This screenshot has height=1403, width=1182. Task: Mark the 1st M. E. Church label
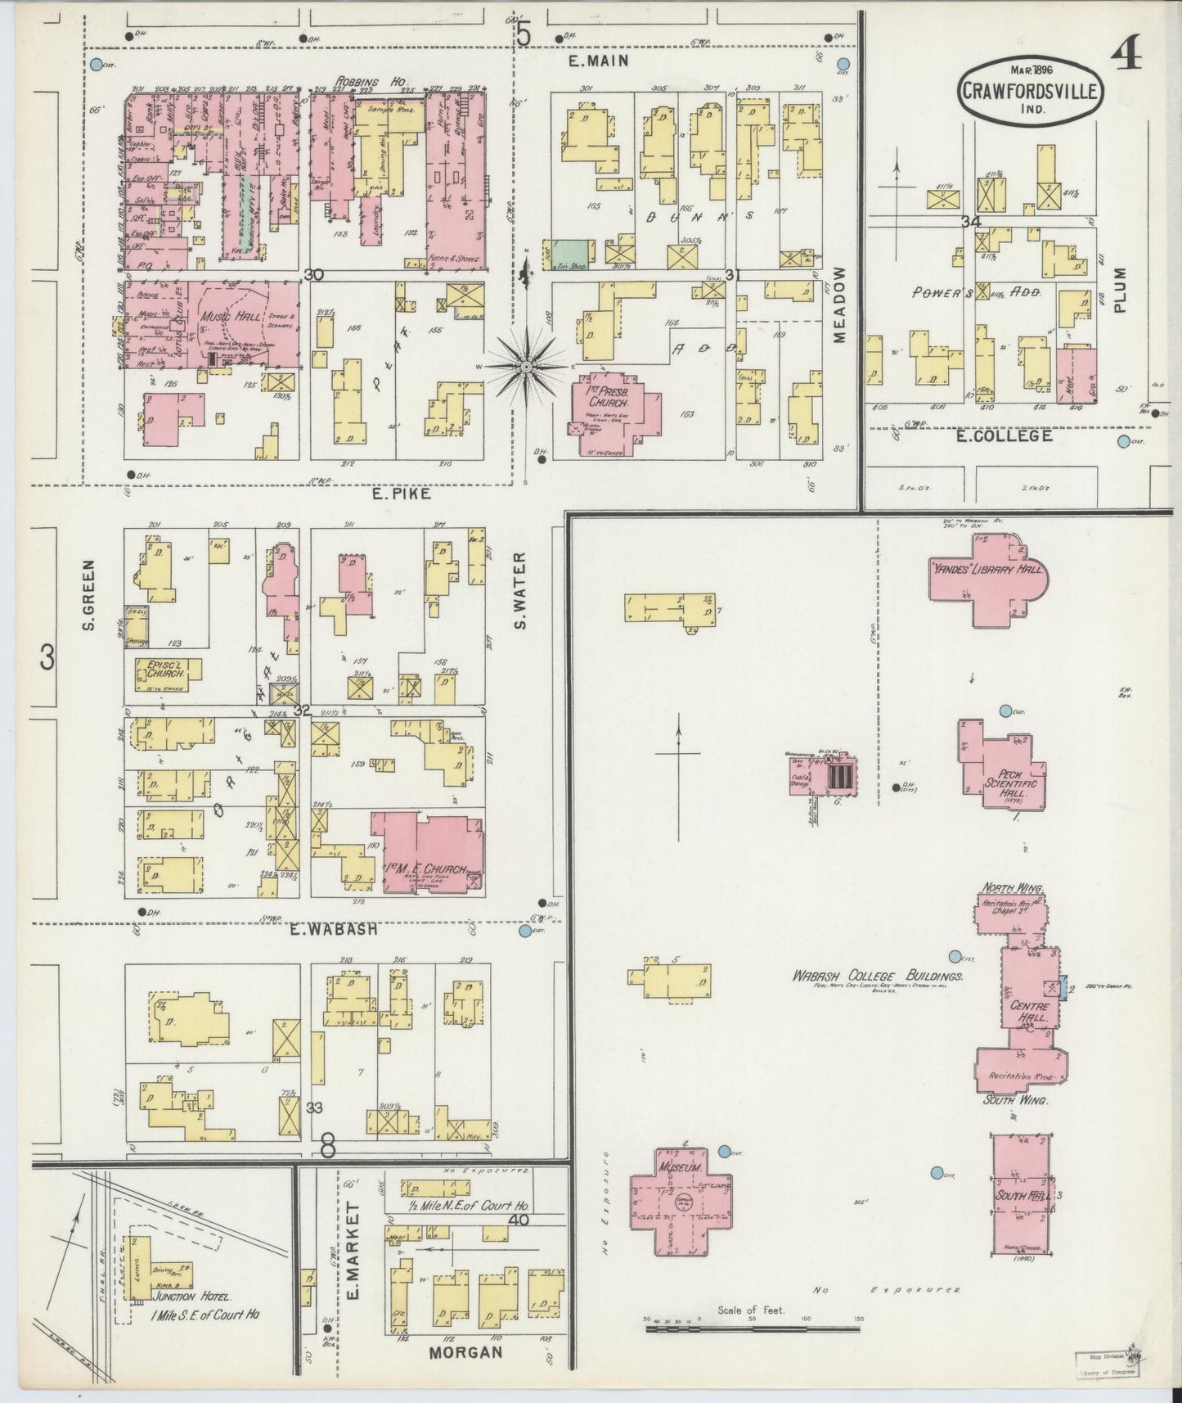point(425,869)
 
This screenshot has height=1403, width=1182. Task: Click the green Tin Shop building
point(572,255)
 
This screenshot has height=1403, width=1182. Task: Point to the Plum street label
point(1119,289)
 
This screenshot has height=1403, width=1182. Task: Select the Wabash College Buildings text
point(876,977)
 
